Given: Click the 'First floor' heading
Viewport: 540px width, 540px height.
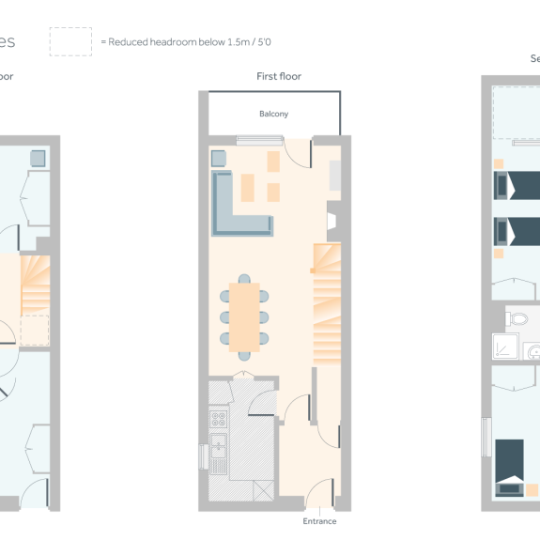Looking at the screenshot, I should [x=279, y=76].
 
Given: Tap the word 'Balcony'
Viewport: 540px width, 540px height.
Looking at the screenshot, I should [x=273, y=114].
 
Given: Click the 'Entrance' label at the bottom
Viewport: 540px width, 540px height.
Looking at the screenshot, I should [x=319, y=521].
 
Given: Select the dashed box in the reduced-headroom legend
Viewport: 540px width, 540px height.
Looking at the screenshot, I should [x=70, y=41].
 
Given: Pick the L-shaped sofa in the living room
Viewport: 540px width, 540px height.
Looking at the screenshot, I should [x=239, y=206].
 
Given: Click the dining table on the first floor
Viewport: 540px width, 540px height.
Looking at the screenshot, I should [x=245, y=316].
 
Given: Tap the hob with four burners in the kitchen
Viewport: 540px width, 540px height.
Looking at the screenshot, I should [x=218, y=417].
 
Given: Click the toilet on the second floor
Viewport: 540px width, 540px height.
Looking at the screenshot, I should [x=517, y=319].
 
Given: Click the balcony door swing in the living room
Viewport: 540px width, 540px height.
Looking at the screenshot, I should [x=300, y=153].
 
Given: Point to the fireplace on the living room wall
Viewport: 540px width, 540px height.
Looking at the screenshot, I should [x=332, y=221].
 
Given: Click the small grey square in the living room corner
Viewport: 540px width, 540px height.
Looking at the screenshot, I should [x=218, y=157].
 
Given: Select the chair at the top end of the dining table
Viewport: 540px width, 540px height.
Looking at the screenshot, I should [x=245, y=279].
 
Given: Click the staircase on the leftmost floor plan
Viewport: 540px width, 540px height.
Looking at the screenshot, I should [x=34, y=286].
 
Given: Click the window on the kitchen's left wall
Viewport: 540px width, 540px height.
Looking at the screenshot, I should [x=202, y=456].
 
